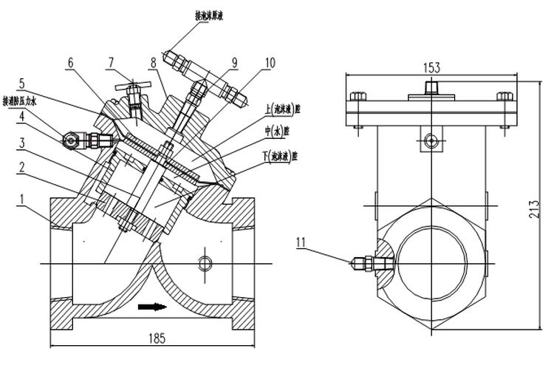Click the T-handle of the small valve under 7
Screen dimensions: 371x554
pyautogui.click(x=132, y=84)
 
